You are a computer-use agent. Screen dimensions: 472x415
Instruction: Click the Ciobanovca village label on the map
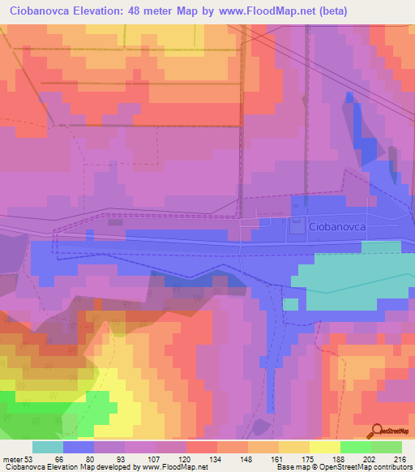tap(338, 229)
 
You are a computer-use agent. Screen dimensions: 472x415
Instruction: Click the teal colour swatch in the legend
tap(48, 447)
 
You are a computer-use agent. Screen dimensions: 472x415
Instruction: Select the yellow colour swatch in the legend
tap(324, 447)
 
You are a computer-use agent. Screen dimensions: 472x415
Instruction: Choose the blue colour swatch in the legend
tap(79, 447)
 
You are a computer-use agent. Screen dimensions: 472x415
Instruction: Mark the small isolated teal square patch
tap(291, 305)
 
